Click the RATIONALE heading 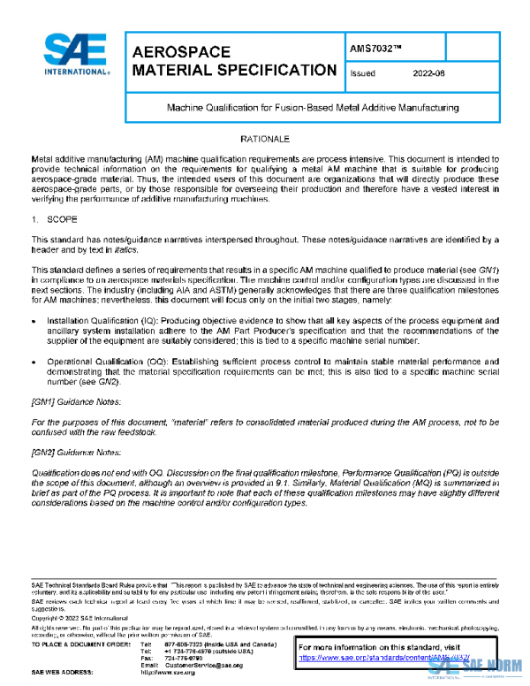tap(264, 140)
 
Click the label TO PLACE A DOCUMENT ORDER tap(80, 644)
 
